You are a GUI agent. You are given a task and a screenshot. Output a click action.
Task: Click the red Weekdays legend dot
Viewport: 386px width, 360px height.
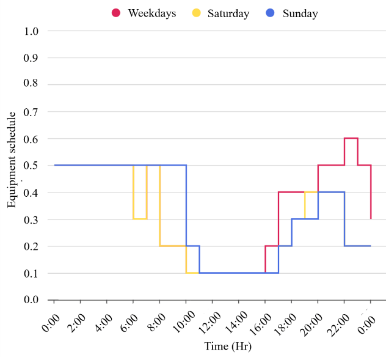pos(116,13)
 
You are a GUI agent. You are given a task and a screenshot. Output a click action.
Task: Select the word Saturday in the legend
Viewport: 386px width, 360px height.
pos(228,13)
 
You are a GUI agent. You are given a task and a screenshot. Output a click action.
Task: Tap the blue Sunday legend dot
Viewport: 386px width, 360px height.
pos(271,13)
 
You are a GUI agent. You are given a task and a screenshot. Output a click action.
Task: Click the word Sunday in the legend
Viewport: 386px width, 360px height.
pos(300,13)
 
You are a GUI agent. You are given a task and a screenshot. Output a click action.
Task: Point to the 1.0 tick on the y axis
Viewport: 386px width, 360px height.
pos(31,31)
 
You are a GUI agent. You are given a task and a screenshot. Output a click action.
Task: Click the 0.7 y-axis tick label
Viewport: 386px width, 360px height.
pos(31,112)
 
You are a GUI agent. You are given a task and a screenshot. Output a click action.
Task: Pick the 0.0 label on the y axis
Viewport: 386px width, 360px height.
pos(31,299)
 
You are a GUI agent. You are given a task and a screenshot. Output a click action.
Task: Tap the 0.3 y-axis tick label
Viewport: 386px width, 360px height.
pos(31,220)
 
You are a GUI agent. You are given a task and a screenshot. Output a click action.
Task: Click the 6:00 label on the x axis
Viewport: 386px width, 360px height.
pos(128,323)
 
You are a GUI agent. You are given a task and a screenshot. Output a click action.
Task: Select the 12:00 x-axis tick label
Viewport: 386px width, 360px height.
pos(209,323)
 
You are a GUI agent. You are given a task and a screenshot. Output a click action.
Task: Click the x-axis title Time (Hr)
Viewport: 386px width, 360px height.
pos(228,346)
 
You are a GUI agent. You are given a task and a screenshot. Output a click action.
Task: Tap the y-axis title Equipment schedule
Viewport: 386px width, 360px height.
pos(12,160)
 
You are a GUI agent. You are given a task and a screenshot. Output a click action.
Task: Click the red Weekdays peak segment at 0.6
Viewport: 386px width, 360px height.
pos(351,138)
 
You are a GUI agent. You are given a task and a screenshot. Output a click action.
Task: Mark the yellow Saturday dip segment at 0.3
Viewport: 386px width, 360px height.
pos(140,219)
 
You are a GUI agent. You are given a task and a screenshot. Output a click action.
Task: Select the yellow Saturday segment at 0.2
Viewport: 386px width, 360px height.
pos(173,246)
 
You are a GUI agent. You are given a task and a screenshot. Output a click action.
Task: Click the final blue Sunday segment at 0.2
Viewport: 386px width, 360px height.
pos(357,246)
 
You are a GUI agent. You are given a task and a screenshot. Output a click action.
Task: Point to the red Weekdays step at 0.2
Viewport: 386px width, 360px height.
pos(272,246)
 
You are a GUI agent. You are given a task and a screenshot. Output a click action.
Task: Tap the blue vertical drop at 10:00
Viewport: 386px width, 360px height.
pos(186,205)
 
